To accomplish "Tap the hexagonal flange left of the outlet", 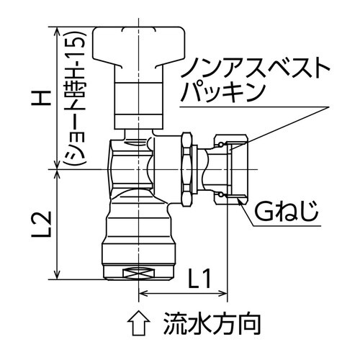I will click(x=185, y=169).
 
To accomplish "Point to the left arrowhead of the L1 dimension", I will click(x=142, y=293).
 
